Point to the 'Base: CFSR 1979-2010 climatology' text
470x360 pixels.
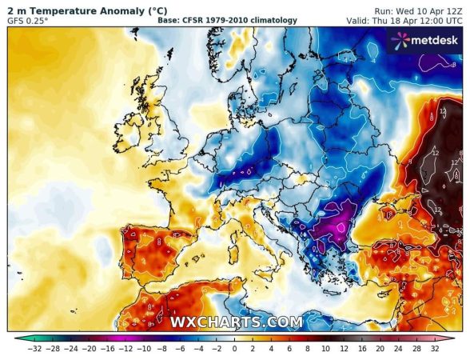(x=228, y=20)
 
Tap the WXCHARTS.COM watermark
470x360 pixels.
(x=237, y=322)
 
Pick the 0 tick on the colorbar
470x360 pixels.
(x=235, y=350)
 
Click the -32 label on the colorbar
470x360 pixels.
(x=34, y=350)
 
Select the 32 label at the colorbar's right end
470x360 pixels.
(x=435, y=350)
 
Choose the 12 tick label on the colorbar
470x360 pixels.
(x=345, y=350)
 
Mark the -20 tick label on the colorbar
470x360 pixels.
(x=90, y=350)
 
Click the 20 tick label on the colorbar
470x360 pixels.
(x=380, y=350)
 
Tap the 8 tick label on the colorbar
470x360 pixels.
(x=308, y=350)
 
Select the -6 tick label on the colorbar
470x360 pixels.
(x=181, y=350)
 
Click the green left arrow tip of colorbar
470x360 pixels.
(x=18, y=338)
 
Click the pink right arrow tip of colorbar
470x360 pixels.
(x=452, y=338)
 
